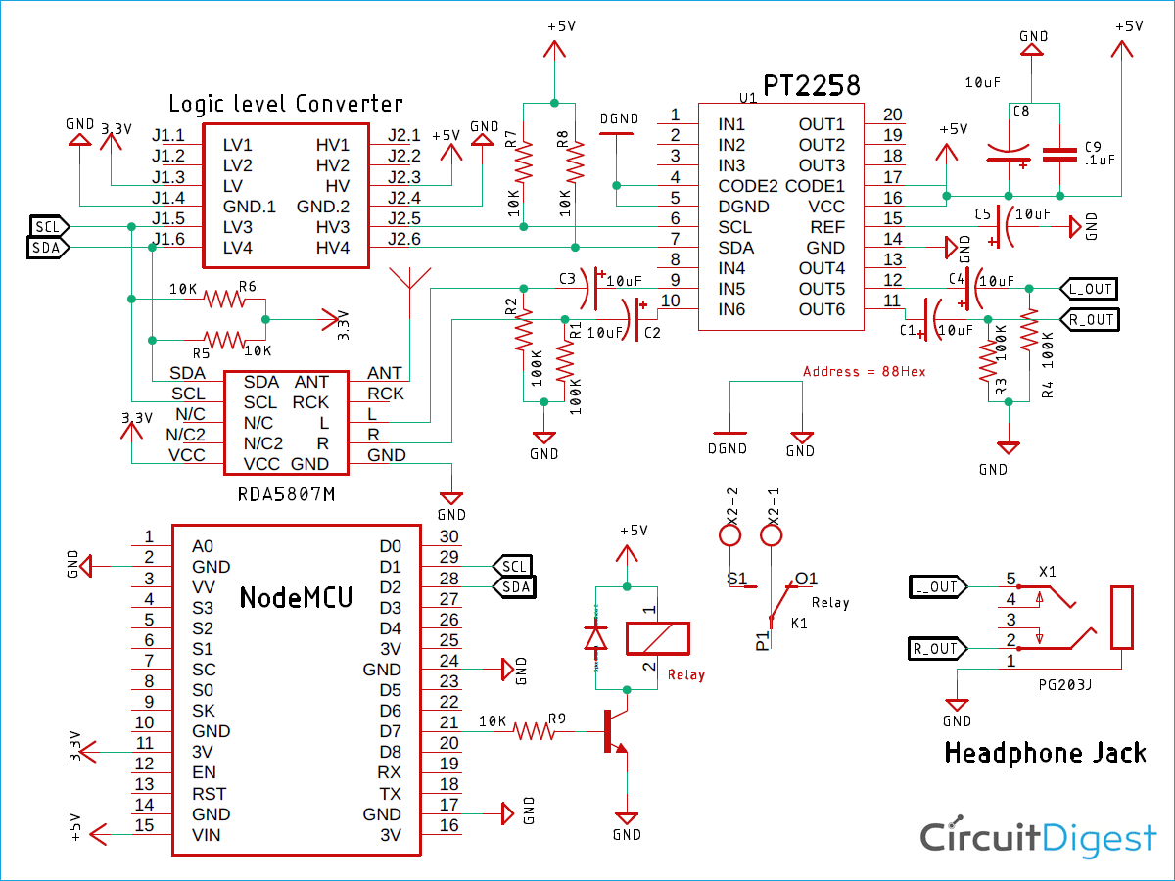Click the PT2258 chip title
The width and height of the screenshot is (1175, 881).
(x=812, y=86)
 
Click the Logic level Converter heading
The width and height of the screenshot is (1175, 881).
(x=285, y=104)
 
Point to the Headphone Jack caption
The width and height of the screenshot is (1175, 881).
(x=1045, y=753)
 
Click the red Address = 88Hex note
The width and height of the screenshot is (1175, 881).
(x=864, y=372)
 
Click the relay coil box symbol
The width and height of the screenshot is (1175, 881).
(x=657, y=638)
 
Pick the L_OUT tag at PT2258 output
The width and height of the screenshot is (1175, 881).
(x=1088, y=288)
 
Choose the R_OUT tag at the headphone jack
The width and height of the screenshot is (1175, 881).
(x=935, y=648)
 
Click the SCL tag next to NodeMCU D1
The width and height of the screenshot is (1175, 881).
(x=514, y=566)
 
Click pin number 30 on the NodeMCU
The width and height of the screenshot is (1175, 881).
(x=448, y=536)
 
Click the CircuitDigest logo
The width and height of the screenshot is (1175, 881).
(x=1038, y=839)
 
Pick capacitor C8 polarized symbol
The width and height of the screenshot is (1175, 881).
(x=1010, y=154)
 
